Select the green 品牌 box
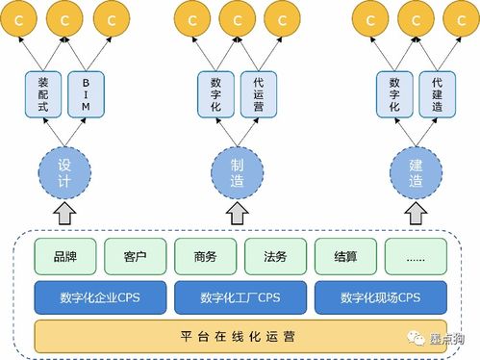coord(65,257)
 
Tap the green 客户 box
coord(136,257)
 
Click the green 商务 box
coord(206,257)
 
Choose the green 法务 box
coord(275,257)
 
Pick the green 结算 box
coord(345,257)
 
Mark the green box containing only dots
coord(416,257)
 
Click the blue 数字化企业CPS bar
coord(99,297)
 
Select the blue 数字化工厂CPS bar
coord(240,297)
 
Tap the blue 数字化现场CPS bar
coord(381,297)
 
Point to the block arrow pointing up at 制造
coord(240,212)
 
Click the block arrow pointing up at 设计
coord(65,212)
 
